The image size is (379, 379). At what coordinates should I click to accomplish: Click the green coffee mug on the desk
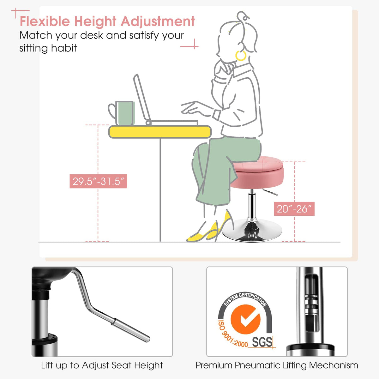(x=124, y=113)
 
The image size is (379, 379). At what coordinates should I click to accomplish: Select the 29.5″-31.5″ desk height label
(x=98, y=181)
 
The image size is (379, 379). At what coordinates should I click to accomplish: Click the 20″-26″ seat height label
(x=294, y=209)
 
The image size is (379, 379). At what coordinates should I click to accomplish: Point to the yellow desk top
(x=160, y=132)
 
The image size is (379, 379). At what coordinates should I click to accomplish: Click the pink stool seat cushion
(x=258, y=171)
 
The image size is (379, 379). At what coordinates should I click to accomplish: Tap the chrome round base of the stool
(x=252, y=232)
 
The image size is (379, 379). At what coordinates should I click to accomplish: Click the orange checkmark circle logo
(x=245, y=319)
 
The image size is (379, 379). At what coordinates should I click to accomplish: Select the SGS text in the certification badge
(x=262, y=342)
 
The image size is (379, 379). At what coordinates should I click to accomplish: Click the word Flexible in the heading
(x=45, y=21)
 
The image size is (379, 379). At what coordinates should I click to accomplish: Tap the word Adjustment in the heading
(x=158, y=22)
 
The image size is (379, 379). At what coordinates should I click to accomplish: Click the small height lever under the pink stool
(x=270, y=192)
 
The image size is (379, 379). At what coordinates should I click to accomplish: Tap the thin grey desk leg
(x=160, y=190)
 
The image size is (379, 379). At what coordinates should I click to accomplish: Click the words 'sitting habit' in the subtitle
(x=48, y=48)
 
